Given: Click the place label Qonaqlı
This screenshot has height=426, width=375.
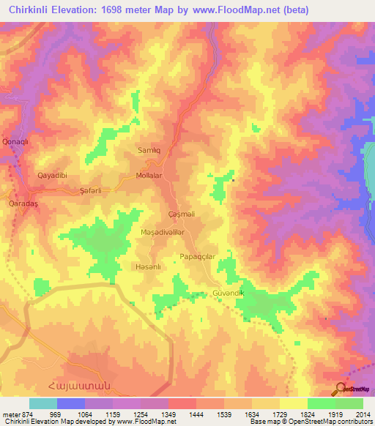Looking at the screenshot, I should tap(15, 141).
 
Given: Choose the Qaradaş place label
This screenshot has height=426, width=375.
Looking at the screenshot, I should tap(22, 203).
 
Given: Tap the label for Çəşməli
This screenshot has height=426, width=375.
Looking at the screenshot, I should tap(182, 214).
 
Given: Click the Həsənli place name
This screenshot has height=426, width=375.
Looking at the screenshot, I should tap(148, 266).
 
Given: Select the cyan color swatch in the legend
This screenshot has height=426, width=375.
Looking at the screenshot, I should tap(43, 403).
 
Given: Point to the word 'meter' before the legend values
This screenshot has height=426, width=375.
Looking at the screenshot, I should tap(8, 414).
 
